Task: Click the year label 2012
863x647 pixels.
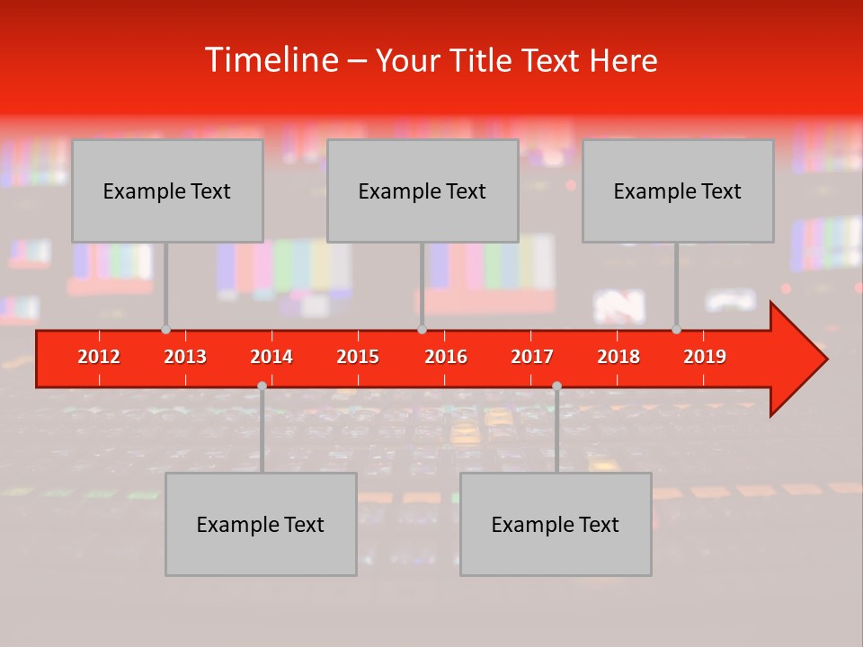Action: point(99,357)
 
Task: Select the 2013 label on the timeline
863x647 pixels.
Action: point(185,357)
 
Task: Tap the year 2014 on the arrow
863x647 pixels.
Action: point(271,357)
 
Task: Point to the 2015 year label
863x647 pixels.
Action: point(358,357)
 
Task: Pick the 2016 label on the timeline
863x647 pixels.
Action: point(446,357)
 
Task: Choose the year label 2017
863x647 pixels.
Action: point(532,357)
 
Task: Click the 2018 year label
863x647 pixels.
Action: point(618,357)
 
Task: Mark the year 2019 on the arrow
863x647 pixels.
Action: point(705,357)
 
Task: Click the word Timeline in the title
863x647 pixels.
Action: point(270,60)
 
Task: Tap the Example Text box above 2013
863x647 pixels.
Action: point(167,191)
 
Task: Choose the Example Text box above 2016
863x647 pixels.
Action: point(423,191)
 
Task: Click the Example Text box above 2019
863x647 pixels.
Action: point(678,191)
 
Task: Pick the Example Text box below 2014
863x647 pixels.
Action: point(261,524)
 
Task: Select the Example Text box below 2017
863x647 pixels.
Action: point(556,524)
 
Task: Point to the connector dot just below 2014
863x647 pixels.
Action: point(262,386)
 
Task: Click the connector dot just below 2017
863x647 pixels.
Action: point(556,386)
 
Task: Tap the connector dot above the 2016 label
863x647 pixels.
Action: point(422,330)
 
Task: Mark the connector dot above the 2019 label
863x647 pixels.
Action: point(677,330)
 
